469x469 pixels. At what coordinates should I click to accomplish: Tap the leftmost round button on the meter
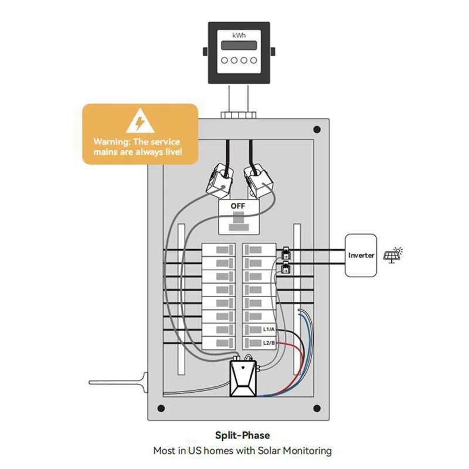[x=225, y=60]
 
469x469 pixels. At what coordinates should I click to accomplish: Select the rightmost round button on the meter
[x=253, y=60]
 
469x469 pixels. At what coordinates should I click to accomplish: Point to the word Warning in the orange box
[x=113, y=142]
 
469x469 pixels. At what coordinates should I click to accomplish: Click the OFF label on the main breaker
[x=238, y=206]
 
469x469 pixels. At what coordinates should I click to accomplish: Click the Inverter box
[x=361, y=256]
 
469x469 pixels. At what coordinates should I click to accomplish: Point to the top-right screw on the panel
[x=317, y=129]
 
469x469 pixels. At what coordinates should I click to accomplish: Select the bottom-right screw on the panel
[x=317, y=410]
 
